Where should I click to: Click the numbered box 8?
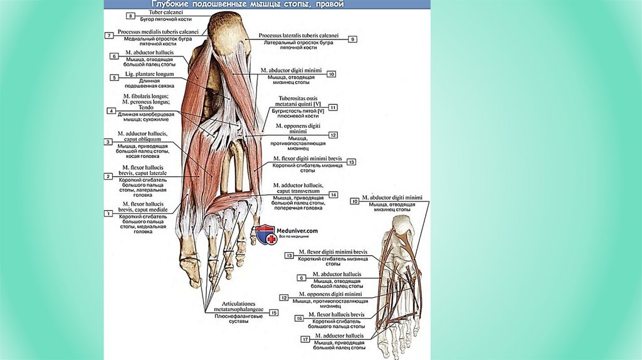coord(130,15)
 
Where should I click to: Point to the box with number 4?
coord(112,111)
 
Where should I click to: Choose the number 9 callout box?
coord(353,39)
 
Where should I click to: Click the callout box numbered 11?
coord(333,107)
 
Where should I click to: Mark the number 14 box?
coord(334,194)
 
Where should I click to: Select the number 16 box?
coord(299,319)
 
